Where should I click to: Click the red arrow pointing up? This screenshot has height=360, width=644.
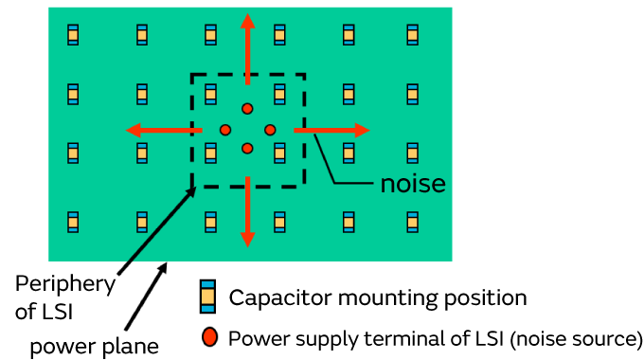tap(248, 43)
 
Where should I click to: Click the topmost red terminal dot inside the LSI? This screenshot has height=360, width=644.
tap(247, 109)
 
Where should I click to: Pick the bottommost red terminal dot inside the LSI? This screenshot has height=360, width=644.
tap(247, 148)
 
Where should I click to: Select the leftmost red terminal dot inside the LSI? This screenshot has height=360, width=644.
tap(225, 129)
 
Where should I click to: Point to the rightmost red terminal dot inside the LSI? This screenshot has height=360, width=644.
tap(270, 129)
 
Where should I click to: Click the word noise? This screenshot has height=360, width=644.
tap(412, 183)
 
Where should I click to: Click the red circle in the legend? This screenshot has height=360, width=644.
tap(209, 336)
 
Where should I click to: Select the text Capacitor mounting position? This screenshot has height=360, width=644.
tap(377, 297)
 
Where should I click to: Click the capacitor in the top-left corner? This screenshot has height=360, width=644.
tap(73, 35)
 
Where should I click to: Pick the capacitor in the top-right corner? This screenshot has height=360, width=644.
tap(413, 35)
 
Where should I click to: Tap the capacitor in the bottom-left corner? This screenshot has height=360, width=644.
tap(73, 223)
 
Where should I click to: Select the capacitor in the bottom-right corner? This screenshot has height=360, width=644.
tap(413, 223)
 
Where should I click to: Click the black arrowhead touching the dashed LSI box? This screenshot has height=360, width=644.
tap(194, 189)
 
